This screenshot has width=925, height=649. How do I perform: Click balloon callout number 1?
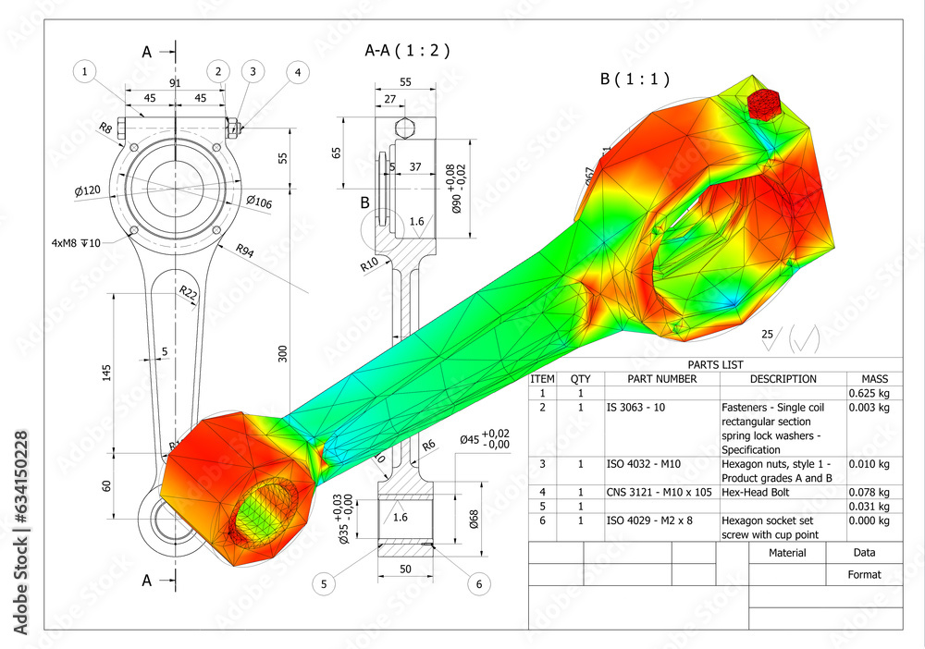click(85, 71)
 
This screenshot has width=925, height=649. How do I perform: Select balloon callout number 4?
click(297, 71)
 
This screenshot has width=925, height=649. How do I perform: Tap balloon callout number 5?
click(324, 583)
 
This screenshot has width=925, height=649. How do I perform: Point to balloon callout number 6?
click(478, 583)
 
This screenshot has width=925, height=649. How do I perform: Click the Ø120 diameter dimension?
click(88, 190)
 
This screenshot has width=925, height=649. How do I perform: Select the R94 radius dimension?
click(245, 250)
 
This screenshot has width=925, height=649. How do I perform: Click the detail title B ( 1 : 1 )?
click(635, 80)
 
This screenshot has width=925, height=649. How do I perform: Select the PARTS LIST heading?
click(715, 364)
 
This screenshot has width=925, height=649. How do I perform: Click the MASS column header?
click(874, 379)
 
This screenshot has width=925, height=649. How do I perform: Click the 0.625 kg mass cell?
click(869, 393)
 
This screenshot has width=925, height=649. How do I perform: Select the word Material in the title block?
click(787, 553)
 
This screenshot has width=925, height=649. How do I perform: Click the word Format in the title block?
click(864, 574)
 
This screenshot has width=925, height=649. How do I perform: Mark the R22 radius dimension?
click(188, 293)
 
